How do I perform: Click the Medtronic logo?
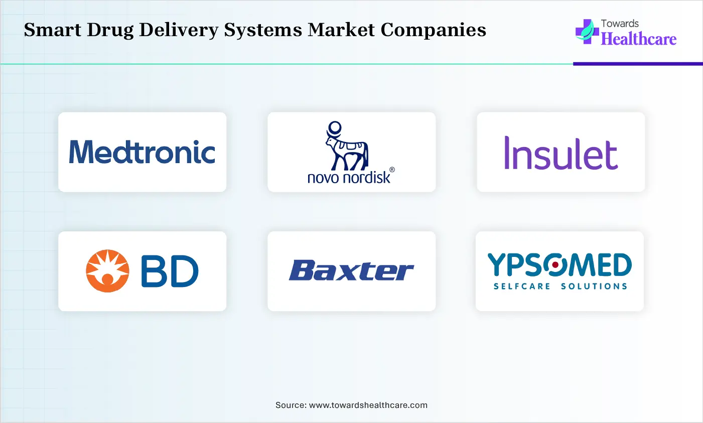coord(143,152)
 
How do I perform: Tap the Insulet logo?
coord(560,153)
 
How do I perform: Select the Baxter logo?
coord(351,271)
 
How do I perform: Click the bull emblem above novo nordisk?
coord(347,146)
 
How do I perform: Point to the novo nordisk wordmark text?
coord(349,177)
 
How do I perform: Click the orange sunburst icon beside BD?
coord(107,271)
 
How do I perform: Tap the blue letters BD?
coord(170,271)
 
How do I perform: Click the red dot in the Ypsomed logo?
coord(555,264)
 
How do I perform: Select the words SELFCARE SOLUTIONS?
coord(560,287)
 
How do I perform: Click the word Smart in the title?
coord(53,30)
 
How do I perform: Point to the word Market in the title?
coord(341,30)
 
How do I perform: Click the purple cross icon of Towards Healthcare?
coord(586,32)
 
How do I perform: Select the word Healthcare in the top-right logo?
coord(639,39)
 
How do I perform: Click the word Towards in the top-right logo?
coord(620,24)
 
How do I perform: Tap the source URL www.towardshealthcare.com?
coord(368,405)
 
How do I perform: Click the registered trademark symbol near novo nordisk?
coord(392,170)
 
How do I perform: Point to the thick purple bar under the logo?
coord(637,64)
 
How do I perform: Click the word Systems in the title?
coord(263,30)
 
